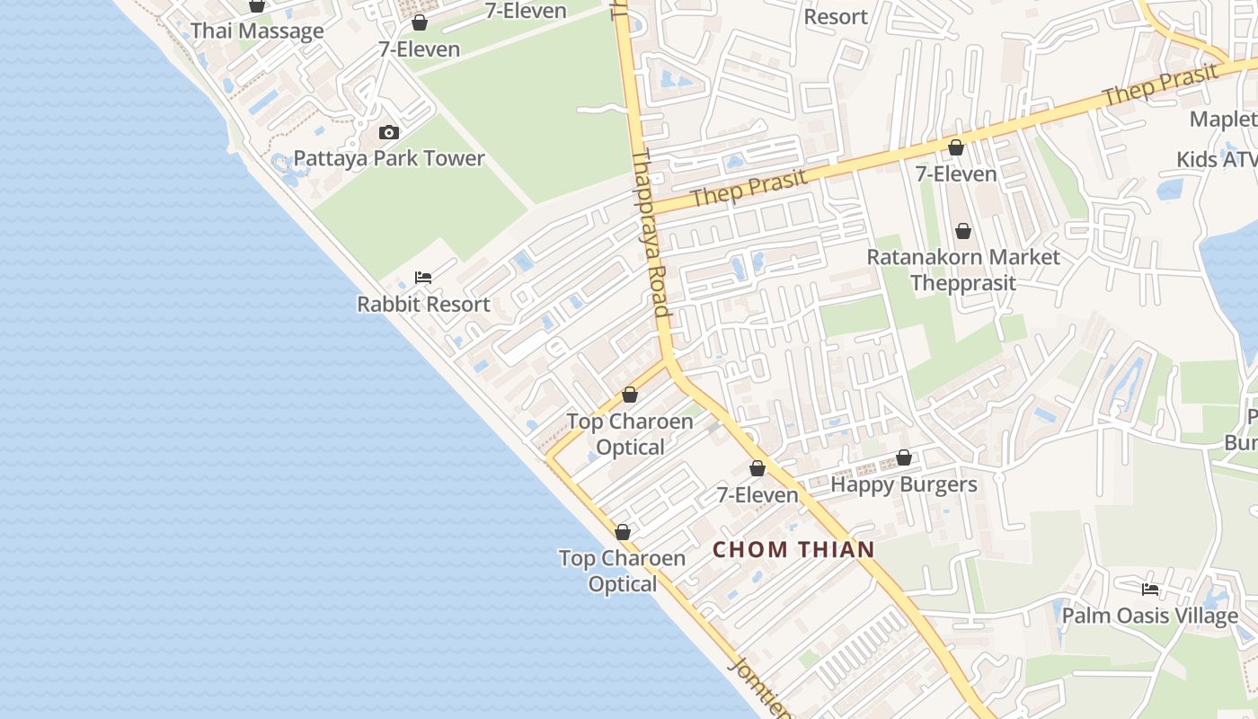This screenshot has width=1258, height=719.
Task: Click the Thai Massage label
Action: tap(257, 31)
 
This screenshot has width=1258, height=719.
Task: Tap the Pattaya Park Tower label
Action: tap(389, 159)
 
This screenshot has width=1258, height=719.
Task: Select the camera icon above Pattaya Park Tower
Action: tap(388, 133)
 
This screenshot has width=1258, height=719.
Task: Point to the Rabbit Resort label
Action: tap(423, 305)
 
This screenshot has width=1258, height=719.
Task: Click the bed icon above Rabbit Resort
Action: tap(422, 278)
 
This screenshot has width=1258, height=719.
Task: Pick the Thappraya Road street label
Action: tap(652, 234)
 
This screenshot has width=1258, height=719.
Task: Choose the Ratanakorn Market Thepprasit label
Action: tap(962, 270)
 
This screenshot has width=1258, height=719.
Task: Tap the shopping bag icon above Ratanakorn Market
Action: tap(963, 232)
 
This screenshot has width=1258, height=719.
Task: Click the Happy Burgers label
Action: tap(903, 485)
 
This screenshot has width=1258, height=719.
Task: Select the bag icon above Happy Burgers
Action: tap(904, 458)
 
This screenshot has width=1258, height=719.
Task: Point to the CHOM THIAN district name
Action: tap(793, 550)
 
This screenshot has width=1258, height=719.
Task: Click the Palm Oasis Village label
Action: tap(1149, 617)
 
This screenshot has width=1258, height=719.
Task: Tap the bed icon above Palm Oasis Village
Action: tap(1149, 590)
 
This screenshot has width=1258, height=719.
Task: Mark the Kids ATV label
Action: tap(1217, 160)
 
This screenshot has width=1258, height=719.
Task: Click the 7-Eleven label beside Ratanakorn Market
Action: tap(956, 174)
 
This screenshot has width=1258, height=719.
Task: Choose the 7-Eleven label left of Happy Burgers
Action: tap(757, 495)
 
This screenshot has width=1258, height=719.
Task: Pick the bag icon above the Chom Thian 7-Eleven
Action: tap(757, 469)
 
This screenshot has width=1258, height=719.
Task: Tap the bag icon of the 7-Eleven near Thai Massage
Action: tap(419, 23)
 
